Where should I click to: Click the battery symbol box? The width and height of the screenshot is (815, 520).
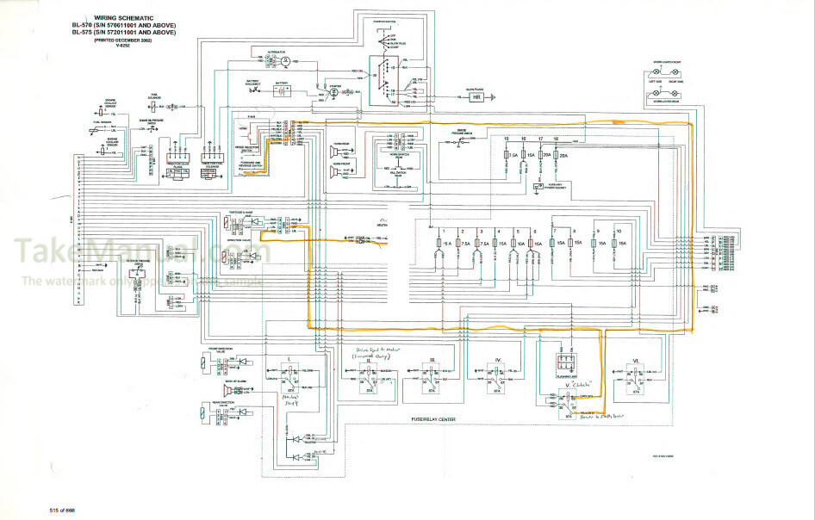coord(282,89)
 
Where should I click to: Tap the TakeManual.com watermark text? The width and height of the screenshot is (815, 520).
coord(138,252)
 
